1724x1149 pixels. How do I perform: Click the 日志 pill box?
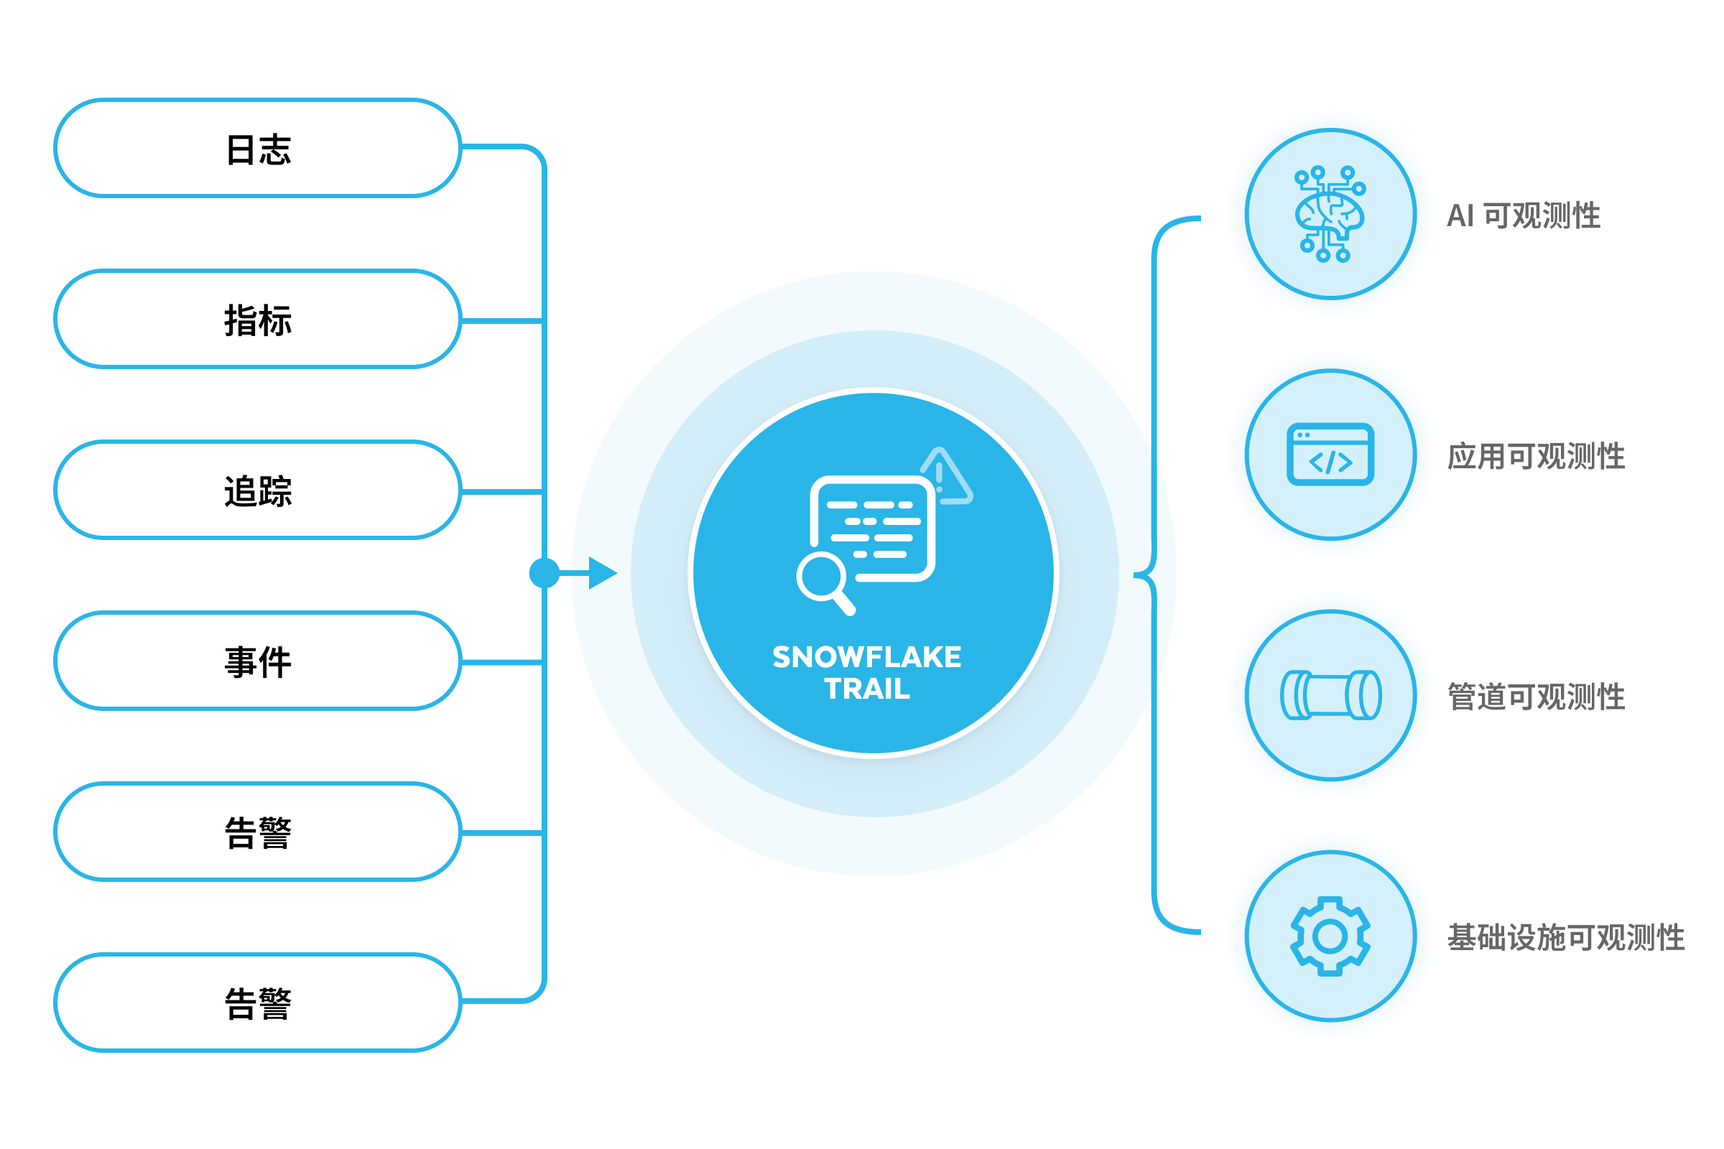(x=258, y=149)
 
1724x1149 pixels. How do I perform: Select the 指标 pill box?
(x=258, y=320)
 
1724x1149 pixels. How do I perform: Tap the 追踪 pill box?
(x=258, y=490)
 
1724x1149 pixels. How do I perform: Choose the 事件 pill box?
(x=258, y=661)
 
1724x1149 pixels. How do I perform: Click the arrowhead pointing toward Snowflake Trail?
(x=603, y=573)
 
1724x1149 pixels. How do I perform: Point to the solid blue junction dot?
(x=544, y=573)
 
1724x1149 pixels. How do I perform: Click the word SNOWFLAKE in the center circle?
(x=867, y=657)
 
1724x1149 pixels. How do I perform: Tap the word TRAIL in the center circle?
(x=867, y=689)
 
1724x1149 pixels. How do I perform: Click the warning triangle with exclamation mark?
(x=946, y=476)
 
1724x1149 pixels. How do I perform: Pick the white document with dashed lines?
(x=872, y=528)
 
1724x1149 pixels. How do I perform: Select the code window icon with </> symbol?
(x=1330, y=455)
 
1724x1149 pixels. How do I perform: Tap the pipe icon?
(x=1330, y=694)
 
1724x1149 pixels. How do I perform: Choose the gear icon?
(x=1330, y=936)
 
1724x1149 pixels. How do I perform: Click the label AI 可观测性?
(x=1524, y=215)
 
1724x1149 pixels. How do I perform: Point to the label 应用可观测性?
(x=1537, y=456)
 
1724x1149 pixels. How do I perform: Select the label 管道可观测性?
(x=1537, y=696)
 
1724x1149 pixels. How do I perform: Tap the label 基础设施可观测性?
(x=1566, y=937)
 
